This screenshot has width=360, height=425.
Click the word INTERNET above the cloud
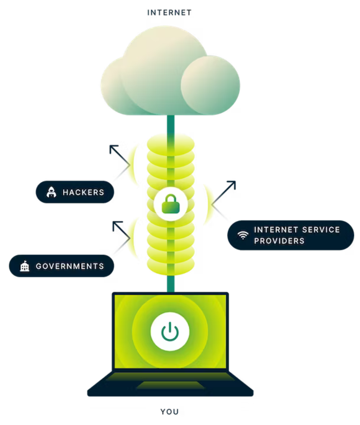coord(169,13)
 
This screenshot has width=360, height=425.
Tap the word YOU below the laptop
coord(169,412)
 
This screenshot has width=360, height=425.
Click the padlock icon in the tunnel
coord(171,204)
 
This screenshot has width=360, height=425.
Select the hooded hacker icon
coord(51,192)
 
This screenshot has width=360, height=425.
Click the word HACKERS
coord(84,192)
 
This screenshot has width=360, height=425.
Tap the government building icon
coord(25,266)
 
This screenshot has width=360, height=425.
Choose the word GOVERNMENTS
coord(70,266)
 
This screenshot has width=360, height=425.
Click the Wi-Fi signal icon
coord(243,235)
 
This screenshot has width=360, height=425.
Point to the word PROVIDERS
coord(279,241)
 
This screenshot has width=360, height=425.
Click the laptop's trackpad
coord(171,385)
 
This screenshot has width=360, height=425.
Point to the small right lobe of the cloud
coord(210,85)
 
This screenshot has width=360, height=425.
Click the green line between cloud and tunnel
coord(171,125)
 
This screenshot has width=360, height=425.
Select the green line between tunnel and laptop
coord(171,284)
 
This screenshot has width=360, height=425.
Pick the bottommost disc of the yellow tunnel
coord(171,267)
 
